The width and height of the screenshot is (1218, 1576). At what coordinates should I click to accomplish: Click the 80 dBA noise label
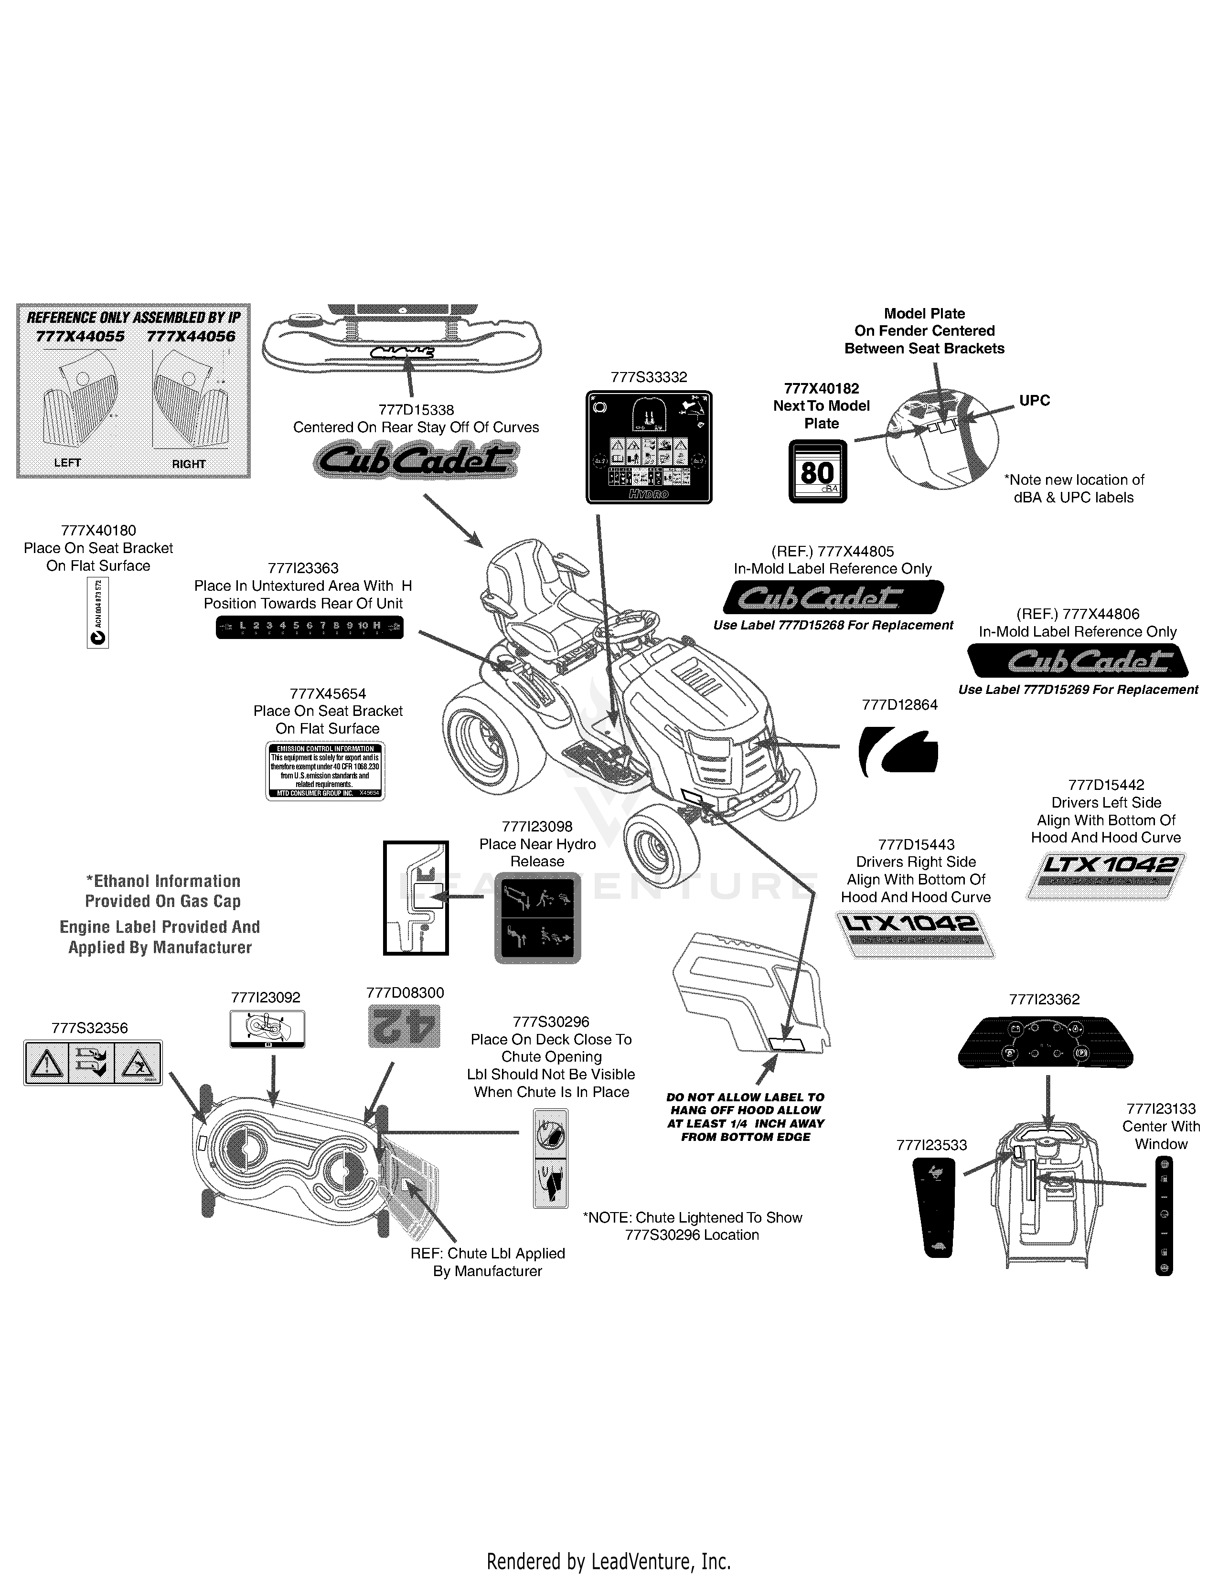[x=818, y=471]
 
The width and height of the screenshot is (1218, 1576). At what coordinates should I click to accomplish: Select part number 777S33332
[x=649, y=377]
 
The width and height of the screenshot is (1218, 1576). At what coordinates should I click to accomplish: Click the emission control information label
[x=325, y=771]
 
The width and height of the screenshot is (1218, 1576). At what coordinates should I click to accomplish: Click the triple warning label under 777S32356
[x=93, y=1063]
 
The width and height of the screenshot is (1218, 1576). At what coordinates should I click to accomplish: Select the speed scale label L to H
[x=310, y=627]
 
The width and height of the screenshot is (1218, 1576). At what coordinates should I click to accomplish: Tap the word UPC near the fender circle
[x=1034, y=401]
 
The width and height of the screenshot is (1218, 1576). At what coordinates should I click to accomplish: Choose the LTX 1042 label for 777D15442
[x=1105, y=874]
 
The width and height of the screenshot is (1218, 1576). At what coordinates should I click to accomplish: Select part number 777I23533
[x=931, y=1145]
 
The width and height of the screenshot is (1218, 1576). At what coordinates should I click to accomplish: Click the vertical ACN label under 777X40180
[x=98, y=613]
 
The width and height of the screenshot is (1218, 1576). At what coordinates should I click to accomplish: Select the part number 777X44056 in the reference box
[x=191, y=336]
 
